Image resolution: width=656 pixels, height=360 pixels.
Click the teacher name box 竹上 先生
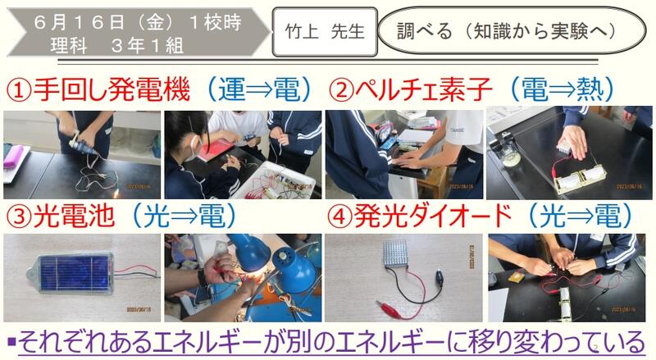coord(325,32)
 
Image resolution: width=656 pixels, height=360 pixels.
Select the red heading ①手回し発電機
coord(98,89)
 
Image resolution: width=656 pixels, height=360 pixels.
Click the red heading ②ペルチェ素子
coord(409,89)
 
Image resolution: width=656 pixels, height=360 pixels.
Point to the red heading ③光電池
coord(60,216)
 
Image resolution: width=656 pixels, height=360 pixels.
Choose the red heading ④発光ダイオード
coord(420,216)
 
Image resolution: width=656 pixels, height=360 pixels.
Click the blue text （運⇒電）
coord(259,89)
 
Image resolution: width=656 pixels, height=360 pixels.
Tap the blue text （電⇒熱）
coord(562,89)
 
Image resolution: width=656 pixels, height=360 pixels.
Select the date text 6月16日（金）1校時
coord(137,22)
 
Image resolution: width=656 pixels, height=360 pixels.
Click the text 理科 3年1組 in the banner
coord(117,46)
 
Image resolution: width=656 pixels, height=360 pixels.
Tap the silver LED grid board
coord(395,253)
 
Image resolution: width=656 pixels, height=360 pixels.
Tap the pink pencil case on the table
coord(15,156)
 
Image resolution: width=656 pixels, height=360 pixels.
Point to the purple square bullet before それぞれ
coord(11,342)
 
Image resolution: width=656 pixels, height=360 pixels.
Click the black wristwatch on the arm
coord(203,277)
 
